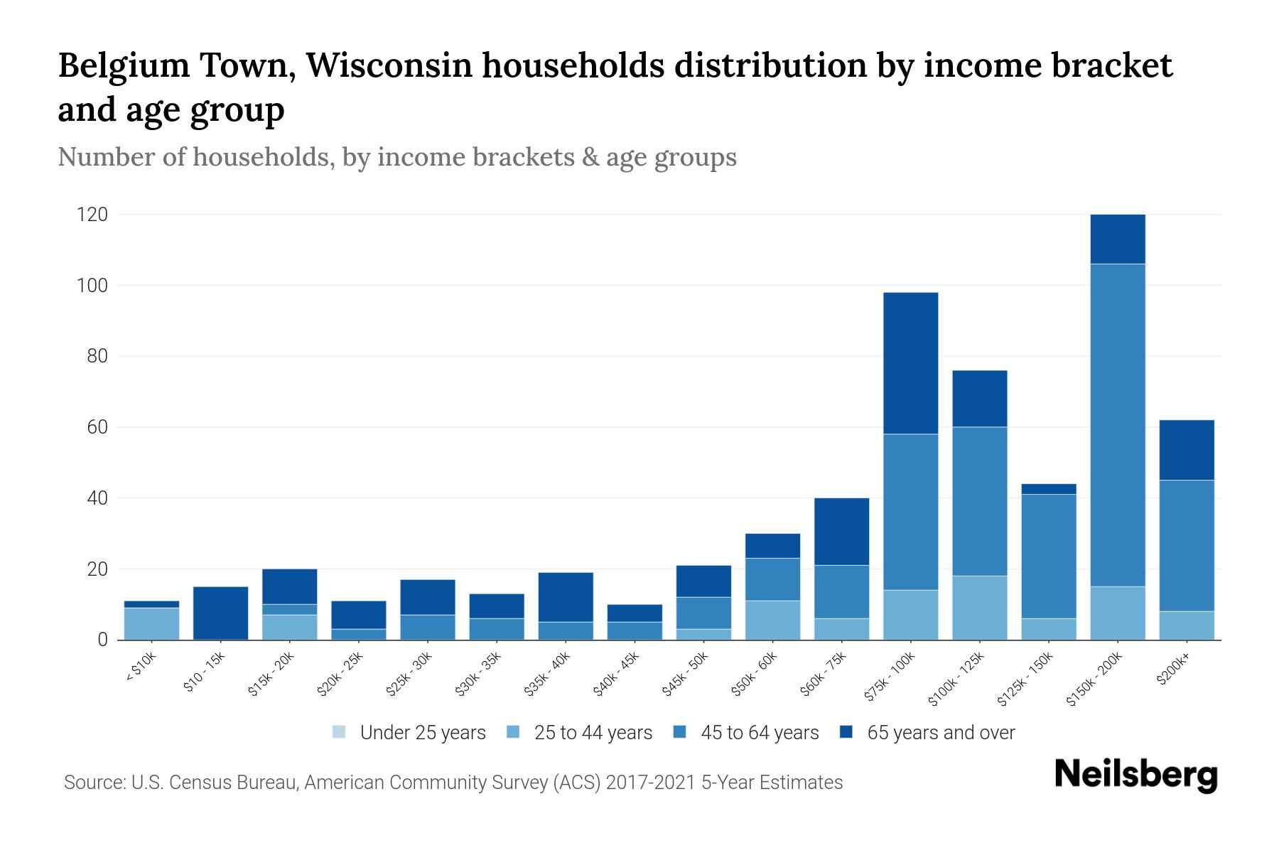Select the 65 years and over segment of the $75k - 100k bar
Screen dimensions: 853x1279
tap(910, 363)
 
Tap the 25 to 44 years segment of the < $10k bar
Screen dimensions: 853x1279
tap(151, 623)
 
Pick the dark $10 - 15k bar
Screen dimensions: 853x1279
tap(220, 613)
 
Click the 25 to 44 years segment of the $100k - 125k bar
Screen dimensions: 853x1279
tap(979, 608)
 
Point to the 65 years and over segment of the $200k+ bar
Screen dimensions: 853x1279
tap(1186, 450)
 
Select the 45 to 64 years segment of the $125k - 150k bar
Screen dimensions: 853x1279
tap(1048, 556)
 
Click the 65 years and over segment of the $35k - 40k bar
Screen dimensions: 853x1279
tap(566, 597)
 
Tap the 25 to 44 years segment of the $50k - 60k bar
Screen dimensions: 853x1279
tap(772, 620)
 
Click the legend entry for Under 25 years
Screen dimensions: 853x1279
tap(422, 733)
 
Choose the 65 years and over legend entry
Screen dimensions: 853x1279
tap(940, 733)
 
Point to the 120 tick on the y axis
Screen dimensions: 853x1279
tap(92, 215)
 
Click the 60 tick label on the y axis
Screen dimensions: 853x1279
tap(97, 427)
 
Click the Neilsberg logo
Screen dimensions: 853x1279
tap(1135, 775)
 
